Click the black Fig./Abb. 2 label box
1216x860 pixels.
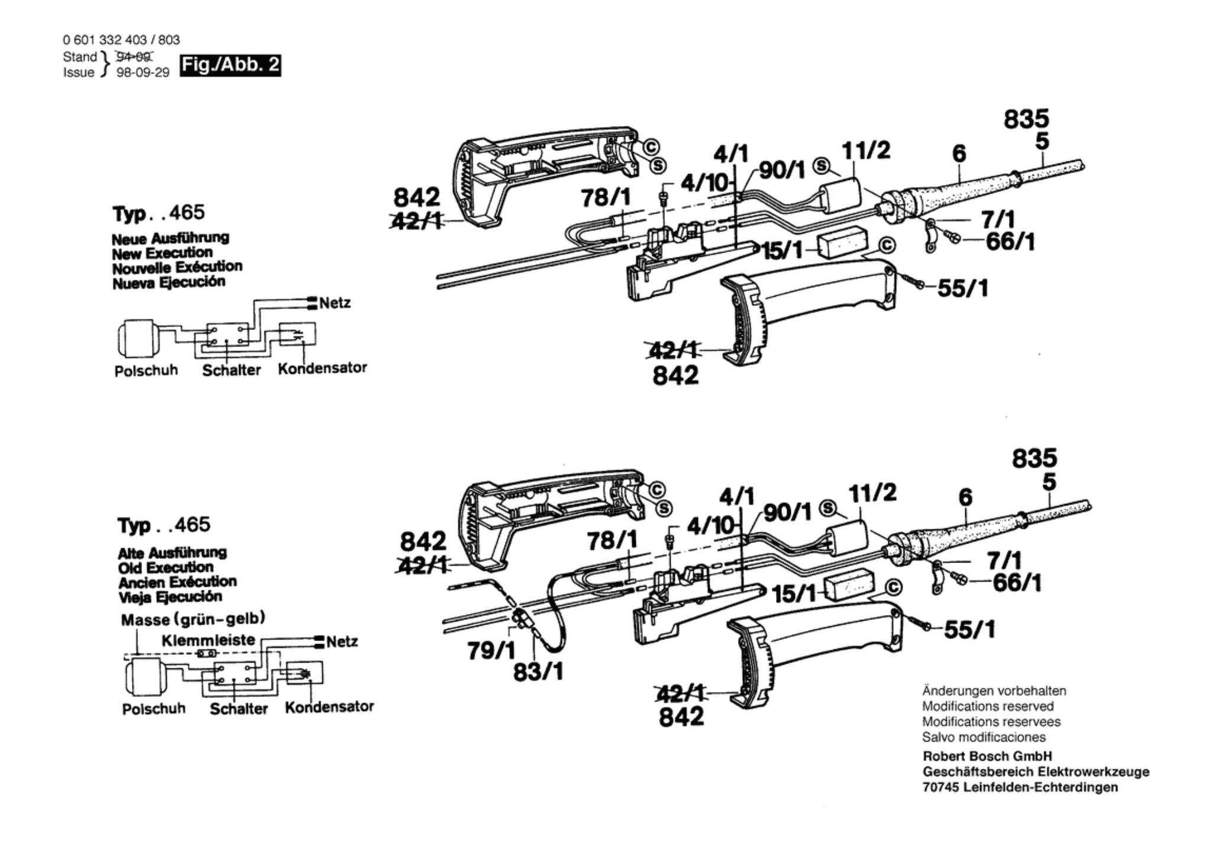pos(231,65)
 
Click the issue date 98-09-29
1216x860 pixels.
pos(143,73)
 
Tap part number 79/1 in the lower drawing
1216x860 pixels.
pos(491,651)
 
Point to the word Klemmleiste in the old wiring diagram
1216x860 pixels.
pos(208,640)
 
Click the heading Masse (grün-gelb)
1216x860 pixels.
pos(193,619)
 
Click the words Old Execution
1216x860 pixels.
pos(166,567)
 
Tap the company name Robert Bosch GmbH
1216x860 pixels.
pos(987,756)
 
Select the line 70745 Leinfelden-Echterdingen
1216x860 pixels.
pos(1020,787)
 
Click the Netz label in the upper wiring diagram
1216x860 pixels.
pos(335,303)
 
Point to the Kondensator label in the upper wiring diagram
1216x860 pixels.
pos(322,368)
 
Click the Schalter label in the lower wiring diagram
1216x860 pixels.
pos(239,709)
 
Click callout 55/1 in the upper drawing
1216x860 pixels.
pos(963,289)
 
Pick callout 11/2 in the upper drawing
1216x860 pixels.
pos(866,151)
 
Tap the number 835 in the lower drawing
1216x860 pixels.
pos(1034,458)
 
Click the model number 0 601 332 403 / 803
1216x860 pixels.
pos(121,40)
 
